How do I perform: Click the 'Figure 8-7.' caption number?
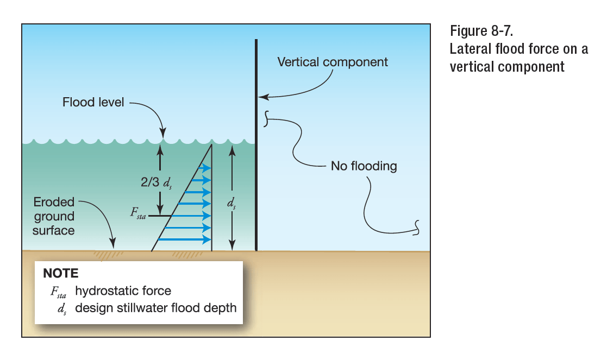(481, 31)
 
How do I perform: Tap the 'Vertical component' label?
(333, 62)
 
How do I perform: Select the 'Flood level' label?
(92, 102)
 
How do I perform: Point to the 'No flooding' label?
(364, 166)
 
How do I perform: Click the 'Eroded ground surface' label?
(54, 216)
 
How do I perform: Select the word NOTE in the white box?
(61, 273)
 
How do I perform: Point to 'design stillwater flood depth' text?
(156, 308)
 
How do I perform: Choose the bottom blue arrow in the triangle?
(187, 239)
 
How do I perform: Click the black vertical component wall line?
(256, 163)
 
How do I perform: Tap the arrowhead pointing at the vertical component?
(261, 98)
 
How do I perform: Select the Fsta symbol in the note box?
(58, 292)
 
